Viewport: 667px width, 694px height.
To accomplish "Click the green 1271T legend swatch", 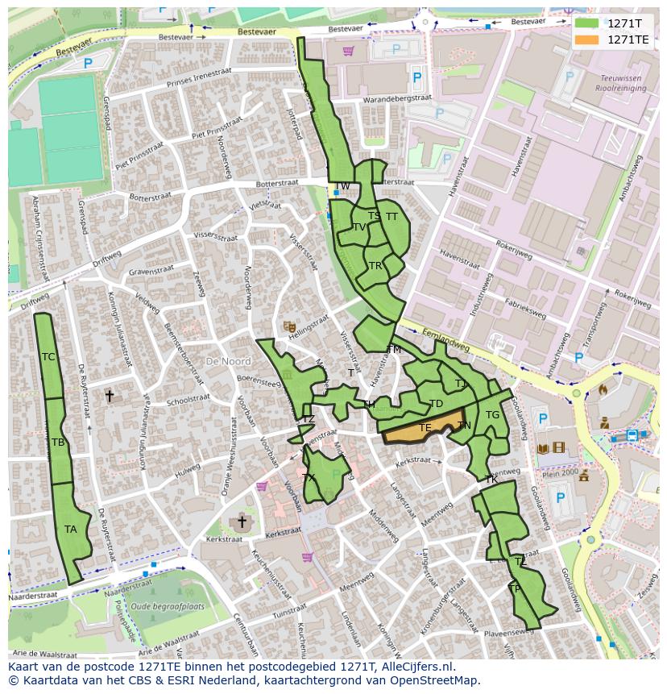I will [588, 24].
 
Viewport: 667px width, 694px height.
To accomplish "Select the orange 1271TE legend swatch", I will [588, 39].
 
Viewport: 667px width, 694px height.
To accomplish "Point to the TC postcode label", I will [48, 357].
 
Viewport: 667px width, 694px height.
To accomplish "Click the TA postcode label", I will [71, 530].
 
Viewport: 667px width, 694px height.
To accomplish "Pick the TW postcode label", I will [342, 187].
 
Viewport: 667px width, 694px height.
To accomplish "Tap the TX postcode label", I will [309, 478].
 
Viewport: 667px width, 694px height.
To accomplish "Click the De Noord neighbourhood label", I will [228, 362].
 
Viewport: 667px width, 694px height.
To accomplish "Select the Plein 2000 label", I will [561, 474].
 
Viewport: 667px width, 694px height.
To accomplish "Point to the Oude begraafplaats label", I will [168, 606].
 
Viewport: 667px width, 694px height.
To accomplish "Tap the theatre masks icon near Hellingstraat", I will [288, 326].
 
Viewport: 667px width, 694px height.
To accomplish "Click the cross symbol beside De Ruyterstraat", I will [110, 397].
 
